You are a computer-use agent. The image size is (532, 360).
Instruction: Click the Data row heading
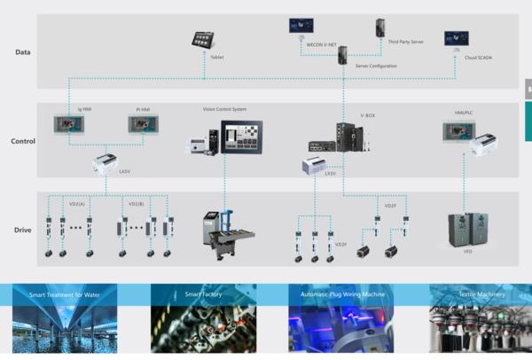[24, 52]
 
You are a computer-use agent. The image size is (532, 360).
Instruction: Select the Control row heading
[23, 141]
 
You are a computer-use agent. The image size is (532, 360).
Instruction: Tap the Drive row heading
[23, 230]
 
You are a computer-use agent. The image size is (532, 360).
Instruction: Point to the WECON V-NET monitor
[302, 26]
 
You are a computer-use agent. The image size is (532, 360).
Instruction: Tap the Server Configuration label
[376, 66]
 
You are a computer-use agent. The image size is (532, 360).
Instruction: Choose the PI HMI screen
[141, 126]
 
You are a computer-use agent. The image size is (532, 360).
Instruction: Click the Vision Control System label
[224, 109]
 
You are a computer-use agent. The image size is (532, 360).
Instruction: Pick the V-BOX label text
[368, 115]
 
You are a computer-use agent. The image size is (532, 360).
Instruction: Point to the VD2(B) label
[136, 204]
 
